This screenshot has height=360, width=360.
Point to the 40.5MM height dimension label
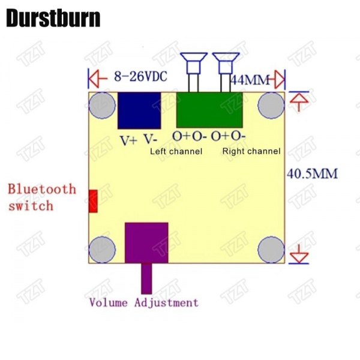(x=313, y=174)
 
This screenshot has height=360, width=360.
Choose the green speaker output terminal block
(x=209, y=110)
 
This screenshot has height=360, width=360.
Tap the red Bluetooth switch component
(x=93, y=201)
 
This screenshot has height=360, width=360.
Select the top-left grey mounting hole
(x=102, y=106)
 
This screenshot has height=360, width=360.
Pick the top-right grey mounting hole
(x=271, y=106)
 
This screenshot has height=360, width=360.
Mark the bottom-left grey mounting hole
(x=102, y=249)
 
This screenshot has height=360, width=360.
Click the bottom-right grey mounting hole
(x=271, y=249)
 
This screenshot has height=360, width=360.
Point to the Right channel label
(x=251, y=151)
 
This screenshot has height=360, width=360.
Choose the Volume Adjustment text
(x=143, y=302)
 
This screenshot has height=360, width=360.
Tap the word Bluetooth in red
(x=42, y=190)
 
